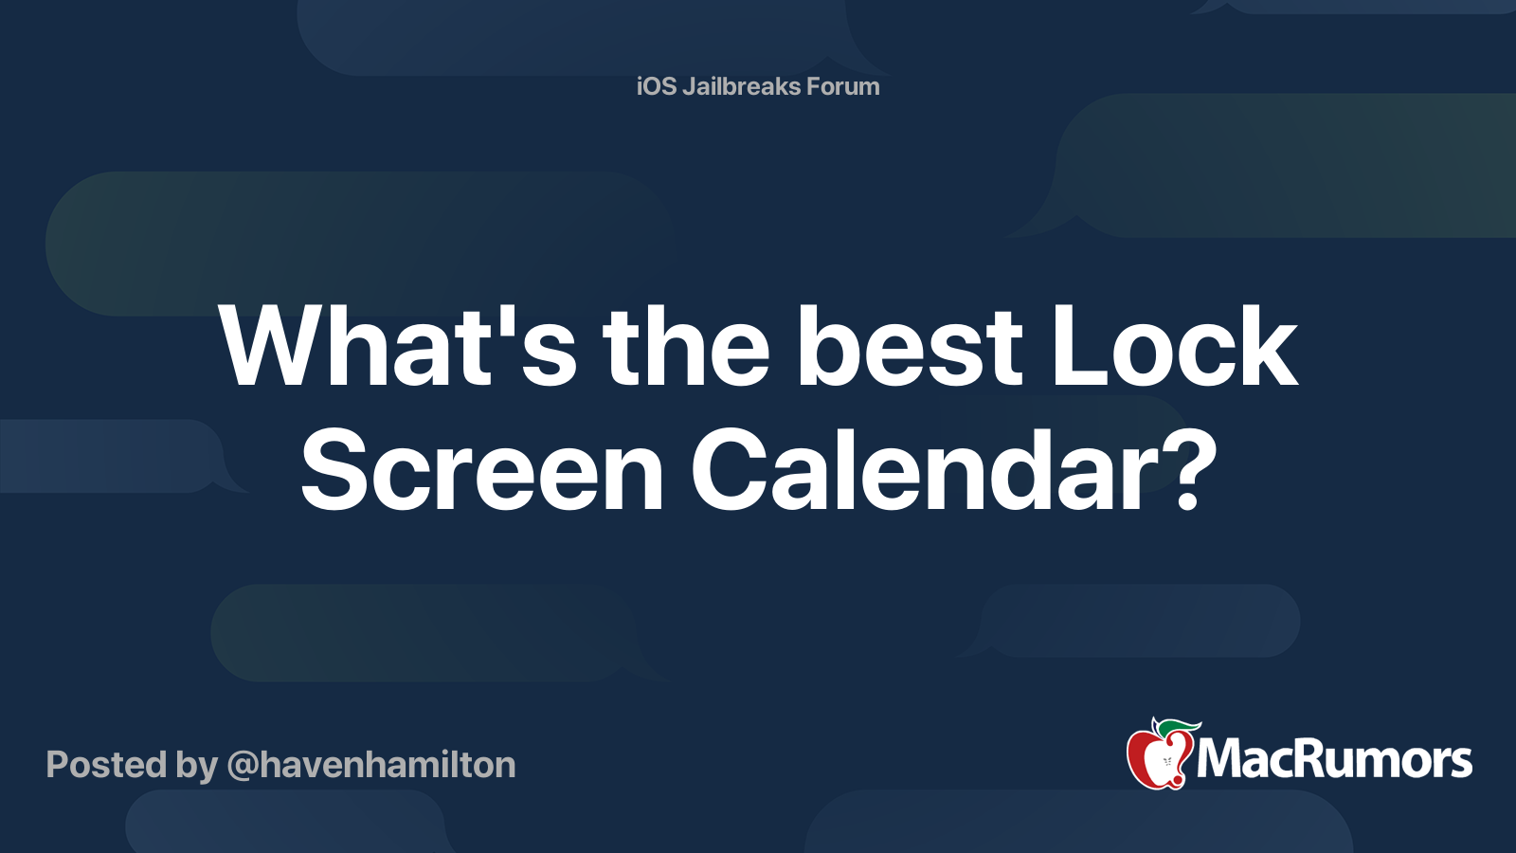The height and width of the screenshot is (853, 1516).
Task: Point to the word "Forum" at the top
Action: (x=842, y=86)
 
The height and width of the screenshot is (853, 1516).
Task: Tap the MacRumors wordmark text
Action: (x=1334, y=760)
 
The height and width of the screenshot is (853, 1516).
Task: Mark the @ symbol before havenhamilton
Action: (x=242, y=766)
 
